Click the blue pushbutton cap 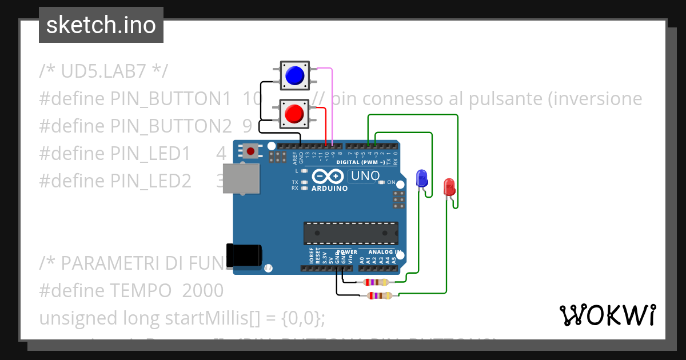(x=294, y=75)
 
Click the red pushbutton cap (x=294, y=113)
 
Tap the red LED (x=449, y=187)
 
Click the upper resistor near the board (x=376, y=282)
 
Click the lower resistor (x=380, y=295)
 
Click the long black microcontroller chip (x=350, y=233)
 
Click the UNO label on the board (x=365, y=176)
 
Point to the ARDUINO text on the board (x=329, y=188)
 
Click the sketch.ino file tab (x=101, y=25)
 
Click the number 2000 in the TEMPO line (x=203, y=290)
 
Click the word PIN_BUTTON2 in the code (x=171, y=126)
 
